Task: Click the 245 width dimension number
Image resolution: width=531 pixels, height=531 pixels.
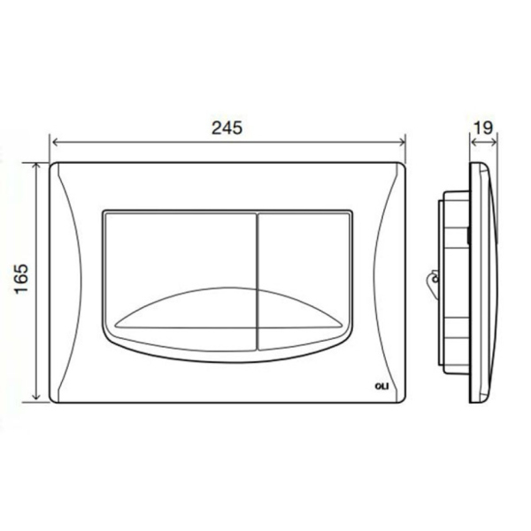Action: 227,127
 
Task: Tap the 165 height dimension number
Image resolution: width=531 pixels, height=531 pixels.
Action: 20,281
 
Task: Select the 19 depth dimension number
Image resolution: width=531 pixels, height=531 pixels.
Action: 482,127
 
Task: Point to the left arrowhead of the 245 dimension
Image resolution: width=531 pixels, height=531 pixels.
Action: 54,142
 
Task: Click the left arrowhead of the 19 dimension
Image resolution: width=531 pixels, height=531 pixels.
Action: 471,142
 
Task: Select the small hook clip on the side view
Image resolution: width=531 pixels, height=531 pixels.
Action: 431,281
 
